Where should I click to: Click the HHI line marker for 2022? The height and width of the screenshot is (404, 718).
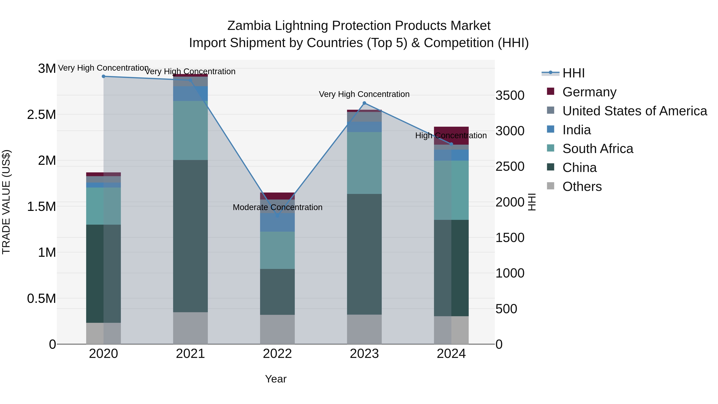[277, 215]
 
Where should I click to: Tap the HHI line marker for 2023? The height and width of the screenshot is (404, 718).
[364, 103]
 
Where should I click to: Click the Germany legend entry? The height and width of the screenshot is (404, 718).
[589, 92]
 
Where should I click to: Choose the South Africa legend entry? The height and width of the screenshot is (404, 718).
[598, 149]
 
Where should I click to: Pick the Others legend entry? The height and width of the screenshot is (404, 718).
[582, 187]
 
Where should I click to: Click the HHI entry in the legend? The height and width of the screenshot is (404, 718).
[573, 73]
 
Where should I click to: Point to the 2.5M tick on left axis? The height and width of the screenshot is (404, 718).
[41, 115]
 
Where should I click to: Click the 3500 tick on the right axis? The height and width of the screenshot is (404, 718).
[510, 95]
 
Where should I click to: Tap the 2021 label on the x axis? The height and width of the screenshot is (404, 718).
[190, 354]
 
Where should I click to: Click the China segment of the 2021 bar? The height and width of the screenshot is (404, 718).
[190, 236]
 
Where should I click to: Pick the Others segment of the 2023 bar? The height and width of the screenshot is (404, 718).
[364, 329]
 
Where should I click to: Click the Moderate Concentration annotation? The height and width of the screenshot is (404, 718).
[277, 207]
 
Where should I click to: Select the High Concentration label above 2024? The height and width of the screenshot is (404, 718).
[451, 135]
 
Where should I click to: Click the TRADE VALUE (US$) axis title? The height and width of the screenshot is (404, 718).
[6, 202]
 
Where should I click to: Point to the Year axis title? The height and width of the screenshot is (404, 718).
[276, 379]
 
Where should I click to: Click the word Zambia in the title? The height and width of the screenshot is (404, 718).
[249, 26]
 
